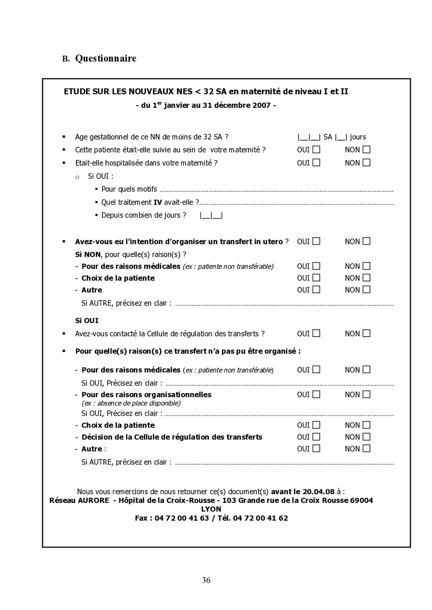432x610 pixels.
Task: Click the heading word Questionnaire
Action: pyautogui.click(x=105, y=59)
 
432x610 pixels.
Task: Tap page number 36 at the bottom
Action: pyautogui.click(x=206, y=580)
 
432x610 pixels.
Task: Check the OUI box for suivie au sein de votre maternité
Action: pyautogui.click(x=316, y=150)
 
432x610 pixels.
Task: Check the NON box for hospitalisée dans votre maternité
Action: pyautogui.click(x=366, y=163)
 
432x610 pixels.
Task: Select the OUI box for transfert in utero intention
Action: pyautogui.click(x=316, y=241)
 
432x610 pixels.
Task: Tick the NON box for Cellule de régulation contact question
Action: pyautogui.click(x=366, y=334)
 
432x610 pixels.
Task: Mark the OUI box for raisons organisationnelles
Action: pyautogui.click(x=316, y=395)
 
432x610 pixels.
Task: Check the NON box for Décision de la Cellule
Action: pyautogui.click(x=366, y=437)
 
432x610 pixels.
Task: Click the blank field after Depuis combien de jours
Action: pyautogui.click(x=211, y=216)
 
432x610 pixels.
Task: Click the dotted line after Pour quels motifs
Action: pyautogui.click(x=276, y=190)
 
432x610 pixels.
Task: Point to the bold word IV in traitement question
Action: pyautogui.click(x=158, y=203)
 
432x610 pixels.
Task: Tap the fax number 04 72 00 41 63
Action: pyautogui.click(x=182, y=518)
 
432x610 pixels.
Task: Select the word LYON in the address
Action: pyautogui.click(x=211, y=509)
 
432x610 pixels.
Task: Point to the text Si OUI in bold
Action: pyautogui.click(x=86, y=321)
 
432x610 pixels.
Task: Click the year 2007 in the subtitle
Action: pyautogui.click(x=262, y=105)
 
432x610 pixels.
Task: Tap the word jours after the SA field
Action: pyautogui.click(x=358, y=137)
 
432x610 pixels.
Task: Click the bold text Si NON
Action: pyautogui.click(x=88, y=254)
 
